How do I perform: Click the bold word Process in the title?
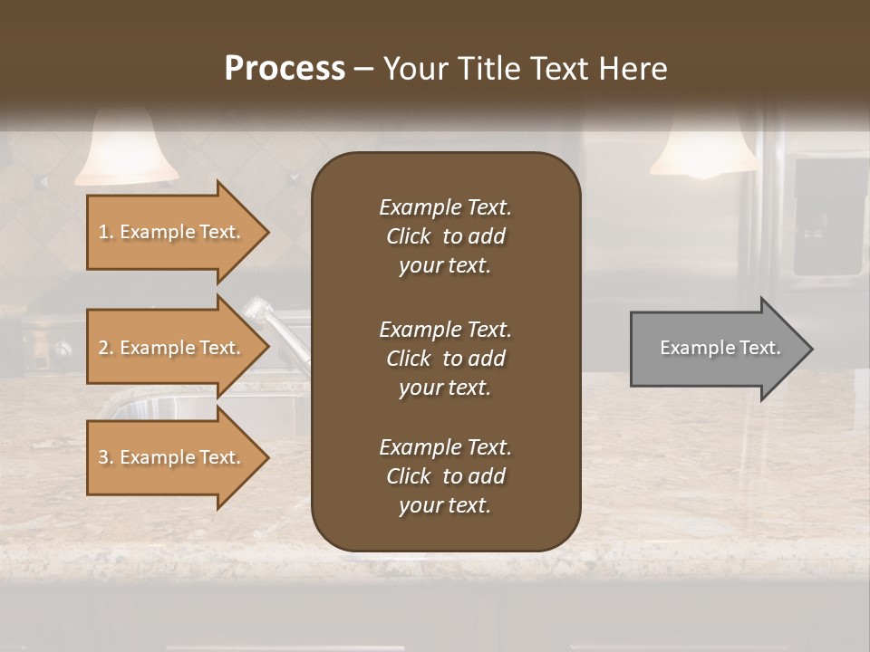(x=285, y=69)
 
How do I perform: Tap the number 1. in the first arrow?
(x=105, y=232)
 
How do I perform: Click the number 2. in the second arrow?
(x=105, y=348)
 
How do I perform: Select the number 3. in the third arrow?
(x=105, y=457)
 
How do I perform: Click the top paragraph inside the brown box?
(x=445, y=236)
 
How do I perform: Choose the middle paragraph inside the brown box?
(x=445, y=359)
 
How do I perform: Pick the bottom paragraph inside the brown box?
(x=445, y=476)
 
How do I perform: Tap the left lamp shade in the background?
(x=126, y=149)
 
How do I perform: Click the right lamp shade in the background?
(x=703, y=149)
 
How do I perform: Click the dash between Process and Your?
(x=363, y=70)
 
